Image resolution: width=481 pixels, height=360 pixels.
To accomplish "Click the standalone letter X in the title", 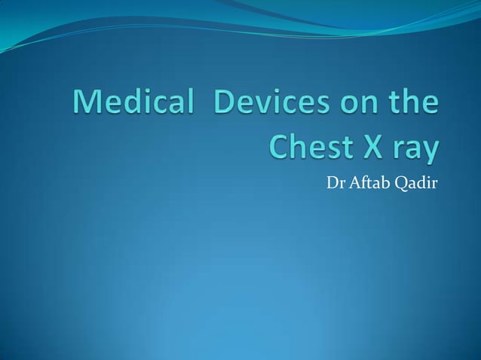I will pyautogui.click(x=375, y=147).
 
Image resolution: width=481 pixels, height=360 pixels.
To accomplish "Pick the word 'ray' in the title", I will pyautogui.click(x=415, y=150).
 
